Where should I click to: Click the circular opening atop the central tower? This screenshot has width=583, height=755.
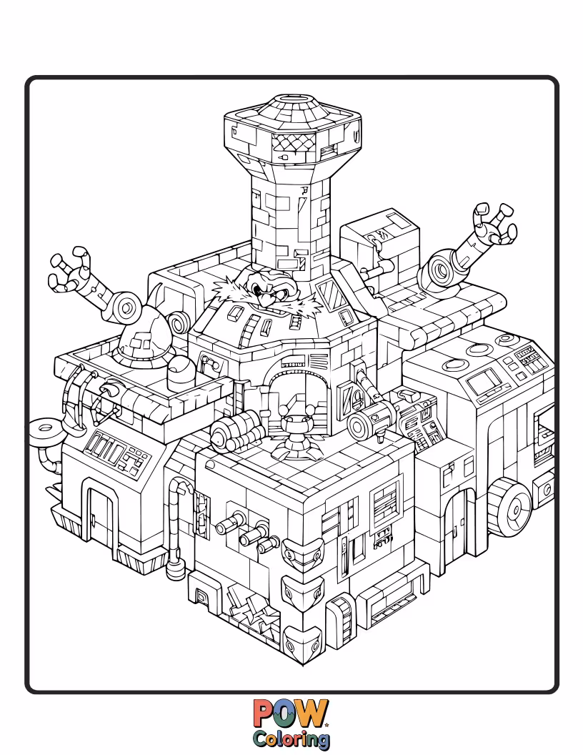(x=294, y=100)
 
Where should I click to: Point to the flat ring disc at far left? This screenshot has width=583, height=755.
(x=48, y=430)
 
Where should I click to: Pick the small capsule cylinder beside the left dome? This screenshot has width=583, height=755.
(x=179, y=372)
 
